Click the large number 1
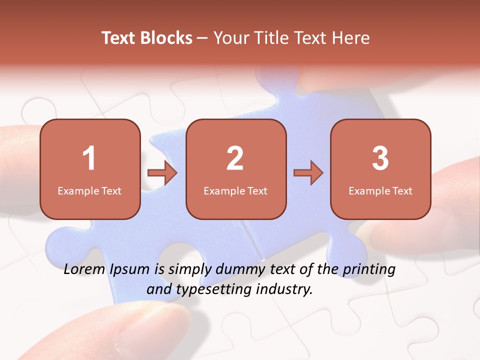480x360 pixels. click(x=89, y=158)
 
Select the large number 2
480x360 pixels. click(x=235, y=158)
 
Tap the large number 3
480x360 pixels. click(x=380, y=158)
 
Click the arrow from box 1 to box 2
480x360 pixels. click(x=162, y=173)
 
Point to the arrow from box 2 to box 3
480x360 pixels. click(x=308, y=173)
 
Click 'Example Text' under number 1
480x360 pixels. click(x=89, y=190)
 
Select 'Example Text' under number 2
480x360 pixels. click(x=235, y=190)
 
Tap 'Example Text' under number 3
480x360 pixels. click(x=380, y=190)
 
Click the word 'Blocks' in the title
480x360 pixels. click(x=167, y=38)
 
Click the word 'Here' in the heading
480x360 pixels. click(x=351, y=38)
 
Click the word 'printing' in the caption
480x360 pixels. click(x=369, y=270)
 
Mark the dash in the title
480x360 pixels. click(x=203, y=38)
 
